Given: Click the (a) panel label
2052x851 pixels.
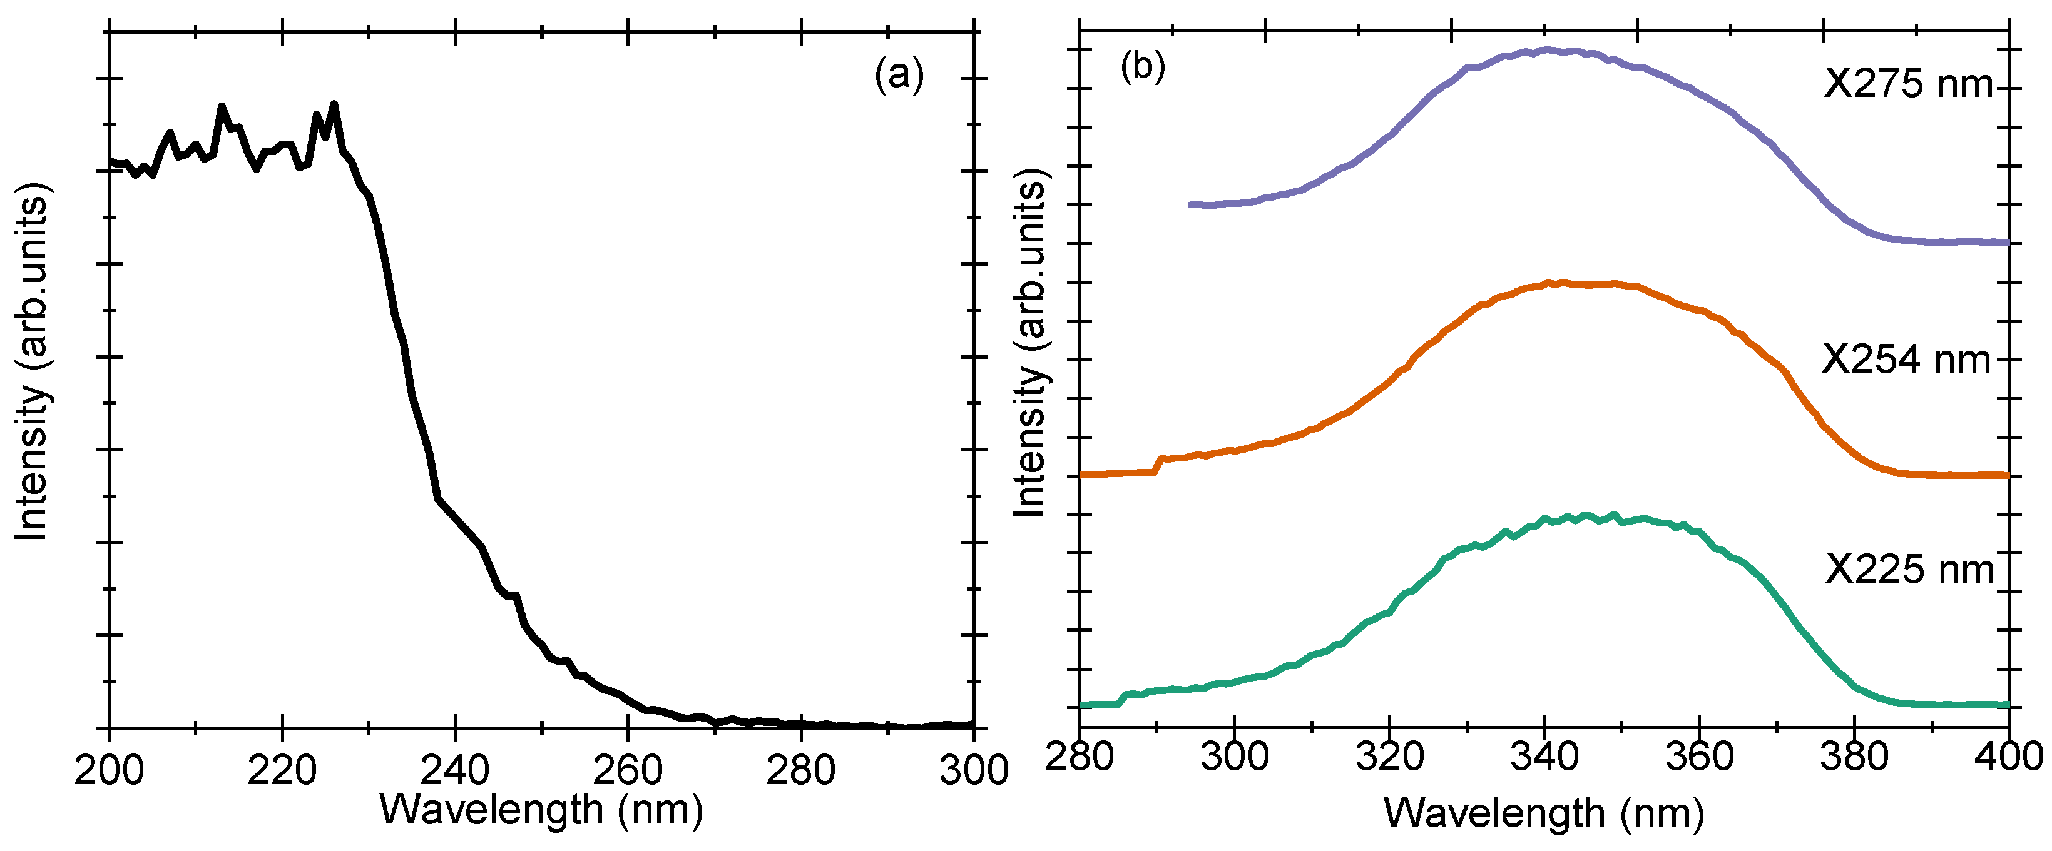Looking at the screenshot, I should click(899, 76).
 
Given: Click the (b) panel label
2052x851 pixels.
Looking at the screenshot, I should click(1142, 67).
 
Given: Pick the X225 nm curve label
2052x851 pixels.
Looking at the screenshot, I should click(1909, 569).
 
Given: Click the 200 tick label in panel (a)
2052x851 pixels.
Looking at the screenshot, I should click(109, 770).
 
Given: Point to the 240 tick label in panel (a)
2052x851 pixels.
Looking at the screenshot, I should click(455, 770).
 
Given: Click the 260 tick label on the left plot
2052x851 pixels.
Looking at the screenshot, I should click(628, 770).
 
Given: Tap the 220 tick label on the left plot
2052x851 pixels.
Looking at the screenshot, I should click(282, 770).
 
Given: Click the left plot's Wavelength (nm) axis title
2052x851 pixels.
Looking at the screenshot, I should click(542, 810).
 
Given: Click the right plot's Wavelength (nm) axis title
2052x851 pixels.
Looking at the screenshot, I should click(1544, 813).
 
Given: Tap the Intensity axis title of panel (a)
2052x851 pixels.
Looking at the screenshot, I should click(33, 362).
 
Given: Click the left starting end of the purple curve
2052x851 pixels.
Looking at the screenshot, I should click(1192, 204).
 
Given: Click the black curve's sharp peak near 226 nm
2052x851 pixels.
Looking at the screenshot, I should click(334, 104).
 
